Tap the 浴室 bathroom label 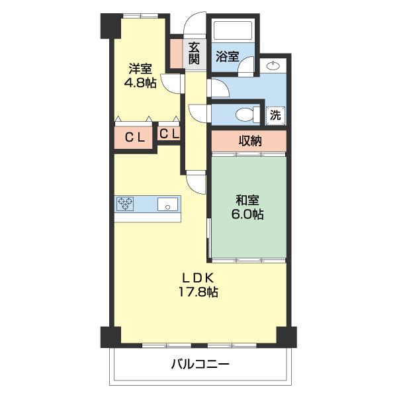coord(227,57)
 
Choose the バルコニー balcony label coord(200,364)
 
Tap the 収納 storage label coord(249,141)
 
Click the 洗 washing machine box coord(275,114)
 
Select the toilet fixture coord(245,114)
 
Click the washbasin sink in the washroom coord(273,66)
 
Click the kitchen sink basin coord(168,204)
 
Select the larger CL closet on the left coord(135,138)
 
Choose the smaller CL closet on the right coord(169,134)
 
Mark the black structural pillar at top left coord(110,26)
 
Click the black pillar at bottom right coord(287,337)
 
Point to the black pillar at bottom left coord(110,337)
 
